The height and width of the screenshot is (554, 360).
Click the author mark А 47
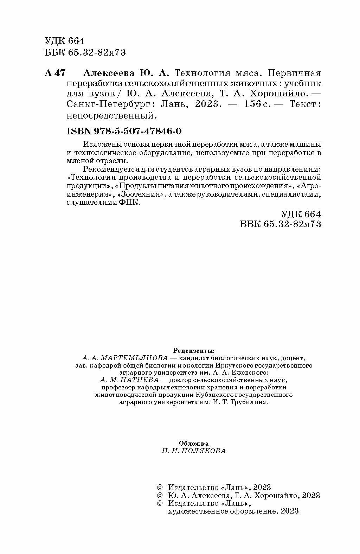point(55,73)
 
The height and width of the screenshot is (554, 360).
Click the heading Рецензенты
point(194,351)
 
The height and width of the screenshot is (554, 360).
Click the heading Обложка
point(194,443)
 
